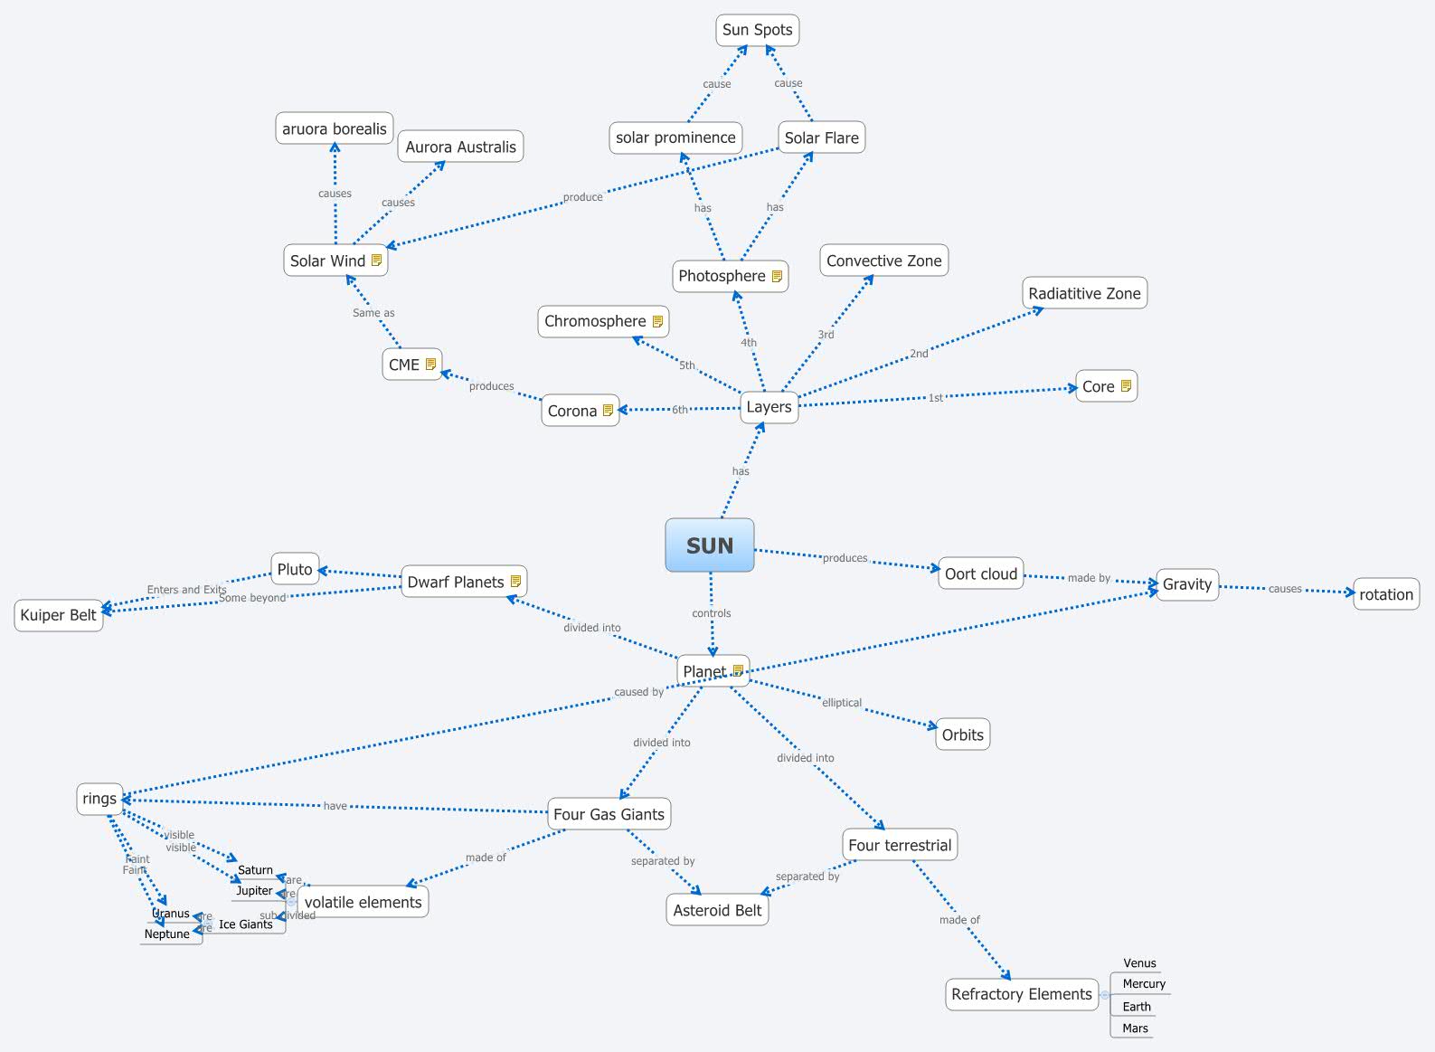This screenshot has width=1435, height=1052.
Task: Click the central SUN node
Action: point(710,545)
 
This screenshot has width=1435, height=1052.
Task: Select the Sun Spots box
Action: point(757,30)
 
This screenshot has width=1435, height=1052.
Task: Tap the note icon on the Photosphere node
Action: point(777,277)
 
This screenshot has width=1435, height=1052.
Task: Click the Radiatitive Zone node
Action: point(1084,293)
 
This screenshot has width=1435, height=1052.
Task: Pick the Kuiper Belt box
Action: point(59,615)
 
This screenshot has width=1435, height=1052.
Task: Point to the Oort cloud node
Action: point(981,573)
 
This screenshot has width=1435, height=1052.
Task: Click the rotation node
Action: point(1385,594)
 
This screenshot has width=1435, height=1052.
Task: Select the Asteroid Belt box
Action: point(718,910)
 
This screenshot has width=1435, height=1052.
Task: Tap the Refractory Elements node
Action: point(1022,994)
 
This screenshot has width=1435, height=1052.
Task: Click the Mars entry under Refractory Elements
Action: point(1135,1028)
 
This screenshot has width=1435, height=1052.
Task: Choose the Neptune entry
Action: point(168,934)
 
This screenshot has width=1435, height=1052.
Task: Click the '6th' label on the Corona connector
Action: point(680,410)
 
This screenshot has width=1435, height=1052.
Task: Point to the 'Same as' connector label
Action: point(373,313)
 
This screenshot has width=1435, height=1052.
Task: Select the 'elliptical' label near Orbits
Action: point(842,703)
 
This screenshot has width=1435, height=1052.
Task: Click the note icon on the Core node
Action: point(1126,386)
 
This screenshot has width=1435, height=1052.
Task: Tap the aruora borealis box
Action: point(335,128)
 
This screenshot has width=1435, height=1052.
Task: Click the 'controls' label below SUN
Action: point(712,613)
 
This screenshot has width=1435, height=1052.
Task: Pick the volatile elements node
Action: point(363,902)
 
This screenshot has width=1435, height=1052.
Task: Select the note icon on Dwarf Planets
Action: point(515,582)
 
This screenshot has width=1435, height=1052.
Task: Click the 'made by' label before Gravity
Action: point(1089,578)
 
